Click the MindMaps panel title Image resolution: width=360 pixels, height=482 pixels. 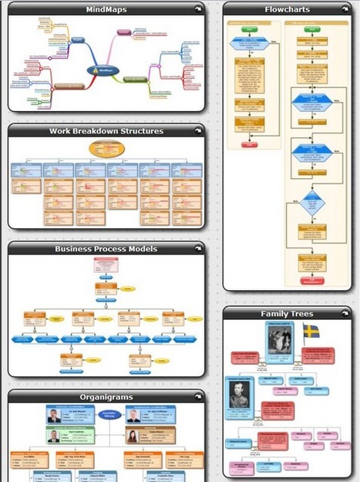[x=106, y=10]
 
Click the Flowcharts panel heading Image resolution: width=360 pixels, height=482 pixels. [x=287, y=10]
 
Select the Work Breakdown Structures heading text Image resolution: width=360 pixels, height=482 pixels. [x=106, y=131]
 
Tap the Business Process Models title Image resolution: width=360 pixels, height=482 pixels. [x=106, y=249]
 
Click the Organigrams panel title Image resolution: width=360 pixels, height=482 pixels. [x=106, y=397]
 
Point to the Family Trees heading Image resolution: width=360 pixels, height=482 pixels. [x=287, y=314]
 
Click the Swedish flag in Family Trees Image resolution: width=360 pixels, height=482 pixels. [x=311, y=332]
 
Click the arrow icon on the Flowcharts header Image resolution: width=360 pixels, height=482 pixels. [x=345, y=10]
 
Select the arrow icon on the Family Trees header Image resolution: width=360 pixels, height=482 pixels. [x=345, y=314]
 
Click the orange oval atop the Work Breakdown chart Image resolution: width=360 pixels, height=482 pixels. [x=106, y=149]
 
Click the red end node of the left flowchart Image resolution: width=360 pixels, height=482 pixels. [x=249, y=144]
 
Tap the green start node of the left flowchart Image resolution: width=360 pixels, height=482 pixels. [x=249, y=29]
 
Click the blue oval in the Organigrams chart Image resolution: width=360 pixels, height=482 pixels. [x=106, y=417]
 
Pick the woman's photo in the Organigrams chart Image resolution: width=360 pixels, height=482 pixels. [x=132, y=436]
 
